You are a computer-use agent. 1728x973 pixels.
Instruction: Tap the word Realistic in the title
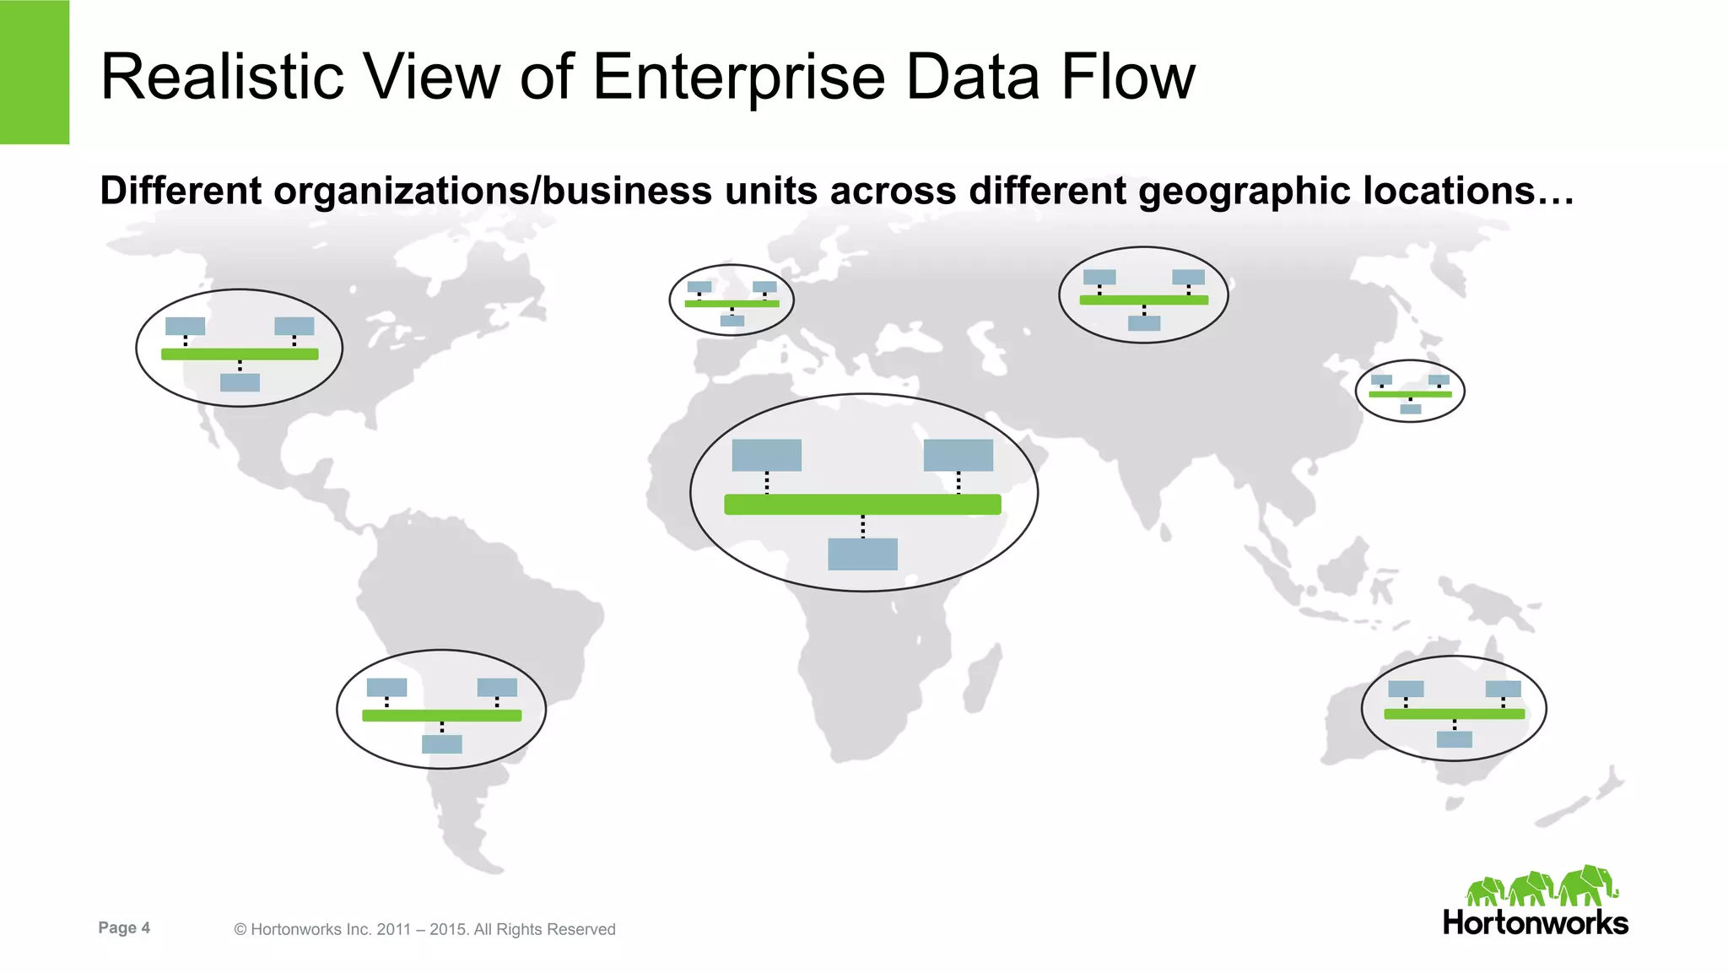222,78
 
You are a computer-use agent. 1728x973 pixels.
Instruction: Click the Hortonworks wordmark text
1535,922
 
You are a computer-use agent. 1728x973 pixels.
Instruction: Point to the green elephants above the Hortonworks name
1542,887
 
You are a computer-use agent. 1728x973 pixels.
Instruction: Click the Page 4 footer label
124,928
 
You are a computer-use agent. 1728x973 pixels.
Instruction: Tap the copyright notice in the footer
424,929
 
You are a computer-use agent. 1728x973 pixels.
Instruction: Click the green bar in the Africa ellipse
862,505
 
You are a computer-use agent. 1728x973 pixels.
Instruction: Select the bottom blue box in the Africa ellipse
862,554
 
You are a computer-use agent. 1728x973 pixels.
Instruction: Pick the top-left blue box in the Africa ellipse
766,456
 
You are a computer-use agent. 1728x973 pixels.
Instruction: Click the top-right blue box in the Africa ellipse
958,456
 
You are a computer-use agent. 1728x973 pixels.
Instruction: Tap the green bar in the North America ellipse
240,354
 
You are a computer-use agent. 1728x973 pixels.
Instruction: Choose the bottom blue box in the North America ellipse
240,382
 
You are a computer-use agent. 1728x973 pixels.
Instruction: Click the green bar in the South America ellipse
441,716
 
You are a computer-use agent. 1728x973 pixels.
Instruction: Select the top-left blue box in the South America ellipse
386,688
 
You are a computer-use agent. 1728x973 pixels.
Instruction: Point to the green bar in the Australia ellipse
1454,714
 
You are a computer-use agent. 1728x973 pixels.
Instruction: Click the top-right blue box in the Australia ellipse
1503,689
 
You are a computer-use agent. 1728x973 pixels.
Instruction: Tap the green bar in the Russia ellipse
1143,300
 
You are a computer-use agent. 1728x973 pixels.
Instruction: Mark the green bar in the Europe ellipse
732,303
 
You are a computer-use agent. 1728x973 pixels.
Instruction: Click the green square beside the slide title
35,72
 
